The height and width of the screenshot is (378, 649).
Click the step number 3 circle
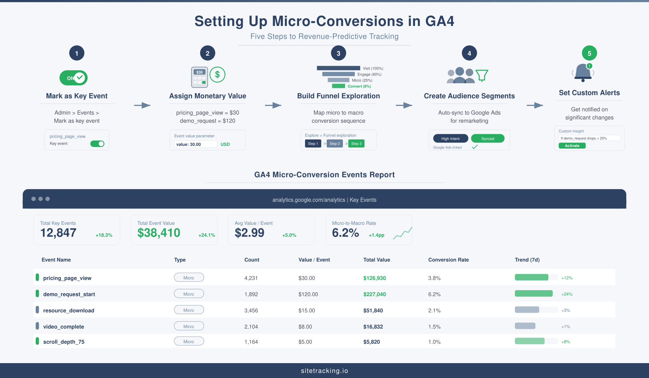point(339,53)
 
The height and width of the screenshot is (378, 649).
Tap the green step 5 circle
point(589,53)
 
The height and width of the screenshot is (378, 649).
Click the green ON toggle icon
point(73,78)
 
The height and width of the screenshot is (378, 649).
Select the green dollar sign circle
point(217,74)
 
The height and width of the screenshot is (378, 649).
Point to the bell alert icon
point(583,72)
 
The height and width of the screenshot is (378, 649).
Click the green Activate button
point(572,146)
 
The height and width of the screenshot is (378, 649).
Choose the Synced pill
point(487,139)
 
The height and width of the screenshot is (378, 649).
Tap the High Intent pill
point(450,139)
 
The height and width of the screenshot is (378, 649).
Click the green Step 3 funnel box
point(356,144)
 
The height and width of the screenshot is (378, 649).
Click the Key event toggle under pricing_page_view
point(97,144)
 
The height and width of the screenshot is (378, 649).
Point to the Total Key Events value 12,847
point(58,233)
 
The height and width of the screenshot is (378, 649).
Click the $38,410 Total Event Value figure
point(159,233)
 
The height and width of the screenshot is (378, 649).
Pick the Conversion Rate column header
point(448,260)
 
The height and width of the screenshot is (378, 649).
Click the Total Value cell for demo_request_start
point(375,294)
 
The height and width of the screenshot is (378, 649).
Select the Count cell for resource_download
point(251,311)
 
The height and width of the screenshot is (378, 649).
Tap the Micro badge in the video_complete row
point(189,326)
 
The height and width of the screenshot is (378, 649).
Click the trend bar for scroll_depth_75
point(530,341)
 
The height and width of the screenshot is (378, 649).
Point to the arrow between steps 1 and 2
point(142,105)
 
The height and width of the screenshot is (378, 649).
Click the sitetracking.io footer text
point(324,371)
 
